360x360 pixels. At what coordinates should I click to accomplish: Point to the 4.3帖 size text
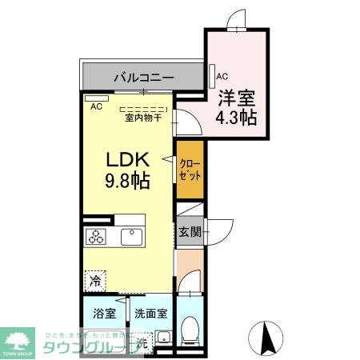(x=236, y=118)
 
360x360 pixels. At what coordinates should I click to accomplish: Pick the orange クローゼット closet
(x=190, y=169)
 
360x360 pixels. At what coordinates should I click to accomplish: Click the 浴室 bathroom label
(x=104, y=314)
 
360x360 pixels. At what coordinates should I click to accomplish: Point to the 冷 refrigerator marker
(x=96, y=281)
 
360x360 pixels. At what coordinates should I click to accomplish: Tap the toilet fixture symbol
(x=190, y=329)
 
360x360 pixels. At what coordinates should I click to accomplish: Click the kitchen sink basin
(x=131, y=237)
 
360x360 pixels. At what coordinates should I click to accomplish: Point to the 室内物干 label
(x=143, y=118)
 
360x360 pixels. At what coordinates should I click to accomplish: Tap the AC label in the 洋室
(x=222, y=77)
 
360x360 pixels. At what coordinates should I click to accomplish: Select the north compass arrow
(x=270, y=337)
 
